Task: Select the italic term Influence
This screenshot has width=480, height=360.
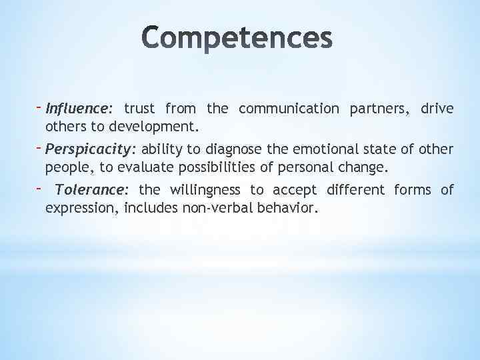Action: [79, 108]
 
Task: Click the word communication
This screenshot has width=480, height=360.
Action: [289, 108]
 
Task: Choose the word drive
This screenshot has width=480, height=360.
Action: [437, 108]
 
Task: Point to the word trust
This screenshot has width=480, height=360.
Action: [139, 108]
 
